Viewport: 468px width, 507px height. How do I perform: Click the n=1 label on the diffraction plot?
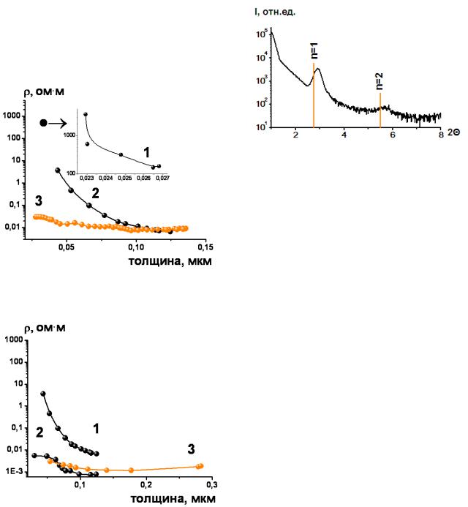coord(314,50)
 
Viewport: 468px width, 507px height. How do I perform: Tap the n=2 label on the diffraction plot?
coord(380,81)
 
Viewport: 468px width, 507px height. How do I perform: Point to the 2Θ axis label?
coord(454,132)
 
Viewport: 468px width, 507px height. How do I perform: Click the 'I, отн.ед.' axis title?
coord(275,12)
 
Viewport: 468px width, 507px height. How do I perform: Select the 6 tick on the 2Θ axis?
coord(393,135)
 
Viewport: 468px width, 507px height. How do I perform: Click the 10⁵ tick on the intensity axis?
coord(262,34)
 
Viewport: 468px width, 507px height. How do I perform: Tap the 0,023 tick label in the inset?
coord(86,179)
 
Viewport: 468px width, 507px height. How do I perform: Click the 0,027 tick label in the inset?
coord(162,179)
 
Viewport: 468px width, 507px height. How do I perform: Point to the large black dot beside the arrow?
coord(44,123)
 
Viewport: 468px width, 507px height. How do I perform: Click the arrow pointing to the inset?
coord(58,123)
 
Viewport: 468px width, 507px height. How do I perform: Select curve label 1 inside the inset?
coord(147,152)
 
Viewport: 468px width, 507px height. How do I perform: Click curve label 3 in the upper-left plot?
coord(39,200)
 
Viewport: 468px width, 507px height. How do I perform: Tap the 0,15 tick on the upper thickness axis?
coord(205,247)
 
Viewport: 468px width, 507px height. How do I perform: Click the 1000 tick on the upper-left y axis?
coord(12,116)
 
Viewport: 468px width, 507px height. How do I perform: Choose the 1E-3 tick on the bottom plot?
coord(15,471)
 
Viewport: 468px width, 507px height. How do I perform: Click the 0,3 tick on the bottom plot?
coord(212,485)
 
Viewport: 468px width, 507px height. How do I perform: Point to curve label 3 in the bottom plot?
coord(191,449)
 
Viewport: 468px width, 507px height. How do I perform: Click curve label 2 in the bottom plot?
coord(39,432)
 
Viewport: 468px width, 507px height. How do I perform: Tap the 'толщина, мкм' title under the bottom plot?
coord(173,498)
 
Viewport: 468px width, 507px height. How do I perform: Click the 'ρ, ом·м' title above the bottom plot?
coord(45,328)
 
